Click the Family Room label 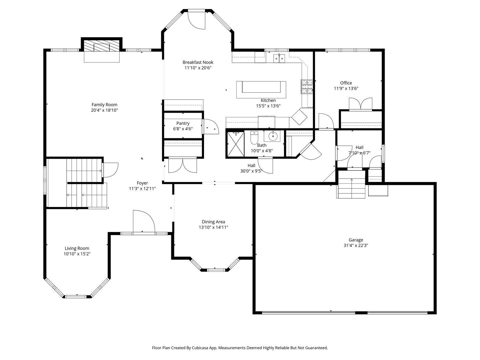(x=104, y=105)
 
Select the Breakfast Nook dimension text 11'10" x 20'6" (x=198, y=68)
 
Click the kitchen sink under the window (x=279, y=58)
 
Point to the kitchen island (x=261, y=90)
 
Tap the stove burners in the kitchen (x=307, y=87)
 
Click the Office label (x=346, y=83)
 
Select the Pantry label (x=183, y=123)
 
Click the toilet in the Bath (x=254, y=137)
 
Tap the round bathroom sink (x=273, y=136)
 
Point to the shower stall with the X (x=236, y=144)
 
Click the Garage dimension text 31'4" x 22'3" (x=356, y=245)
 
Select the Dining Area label (x=213, y=222)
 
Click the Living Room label (x=77, y=248)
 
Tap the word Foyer (x=142, y=183)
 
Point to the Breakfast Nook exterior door (x=196, y=20)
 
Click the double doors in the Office (x=361, y=104)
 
